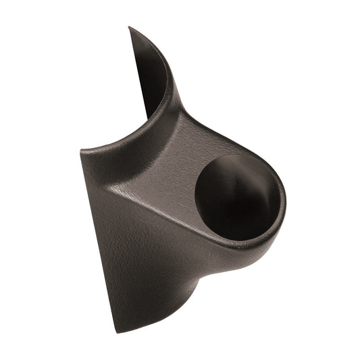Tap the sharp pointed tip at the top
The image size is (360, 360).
(x=129, y=28)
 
